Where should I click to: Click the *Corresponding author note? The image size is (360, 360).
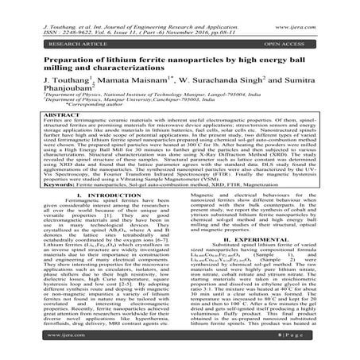tap(87, 109)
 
